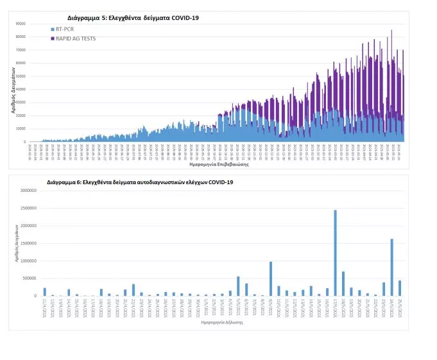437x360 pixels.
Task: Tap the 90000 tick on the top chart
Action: [21, 24]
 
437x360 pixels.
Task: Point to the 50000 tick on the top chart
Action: [21, 76]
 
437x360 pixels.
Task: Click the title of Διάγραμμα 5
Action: [133, 17]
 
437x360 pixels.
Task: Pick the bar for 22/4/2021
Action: [133, 290]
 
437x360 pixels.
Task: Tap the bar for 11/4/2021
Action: [44, 292]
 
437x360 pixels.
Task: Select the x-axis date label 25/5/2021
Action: [399, 307]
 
